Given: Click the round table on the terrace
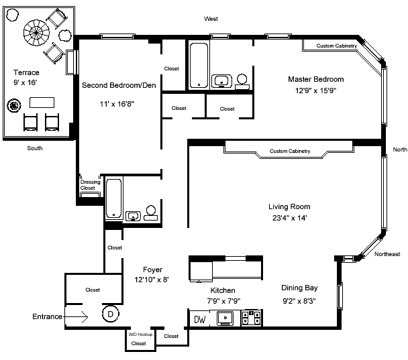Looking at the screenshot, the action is [36, 33].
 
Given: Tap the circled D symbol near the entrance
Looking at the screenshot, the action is [110, 314].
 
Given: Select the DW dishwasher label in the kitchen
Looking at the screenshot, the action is [200, 319].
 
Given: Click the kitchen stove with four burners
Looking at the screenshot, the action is [252, 318].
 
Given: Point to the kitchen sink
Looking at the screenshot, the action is [225, 318].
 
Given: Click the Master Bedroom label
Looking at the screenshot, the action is [316, 79].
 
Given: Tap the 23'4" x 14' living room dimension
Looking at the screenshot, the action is [290, 218].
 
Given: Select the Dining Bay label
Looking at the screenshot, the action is [299, 288].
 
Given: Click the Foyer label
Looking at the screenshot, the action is [152, 269].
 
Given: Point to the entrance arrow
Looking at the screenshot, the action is [76, 316].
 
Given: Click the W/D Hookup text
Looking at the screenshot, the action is [140, 335].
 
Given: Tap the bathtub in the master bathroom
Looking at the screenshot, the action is [199, 66].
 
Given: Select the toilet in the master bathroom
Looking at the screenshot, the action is [242, 82].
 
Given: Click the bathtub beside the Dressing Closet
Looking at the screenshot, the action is [113, 198].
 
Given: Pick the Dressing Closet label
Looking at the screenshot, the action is [90, 185].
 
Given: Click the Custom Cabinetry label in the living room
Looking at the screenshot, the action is [290, 151].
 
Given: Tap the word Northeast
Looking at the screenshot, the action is [387, 254].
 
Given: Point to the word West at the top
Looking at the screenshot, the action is [211, 19].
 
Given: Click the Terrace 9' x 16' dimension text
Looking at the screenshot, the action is [25, 82].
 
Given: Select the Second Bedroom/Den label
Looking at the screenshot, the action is [119, 85].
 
